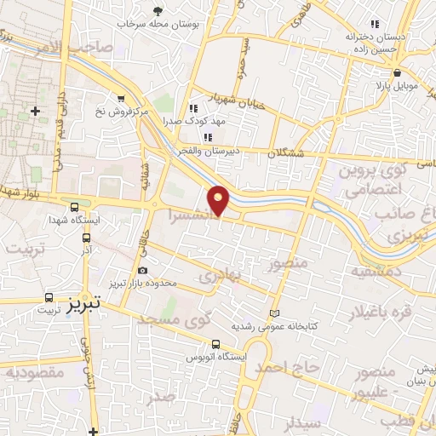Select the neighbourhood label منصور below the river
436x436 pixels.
click(286, 265)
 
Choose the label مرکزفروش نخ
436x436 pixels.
click(118, 112)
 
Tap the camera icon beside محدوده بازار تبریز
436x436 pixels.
click(141, 271)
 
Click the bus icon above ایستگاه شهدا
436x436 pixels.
click(76, 208)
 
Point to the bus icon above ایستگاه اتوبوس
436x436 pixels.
click(215, 345)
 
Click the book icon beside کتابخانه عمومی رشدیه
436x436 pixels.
click(273, 313)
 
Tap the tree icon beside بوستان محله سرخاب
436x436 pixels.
click(158, 11)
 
